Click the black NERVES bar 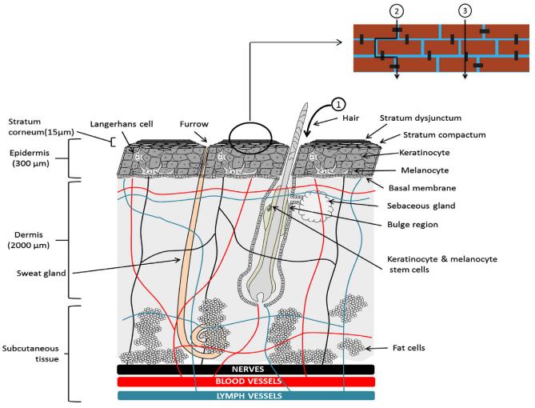pyautogui.click(x=245, y=370)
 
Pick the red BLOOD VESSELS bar pyautogui.click(x=245, y=382)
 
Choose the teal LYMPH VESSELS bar pyautogui.click(x=245, y=394)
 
